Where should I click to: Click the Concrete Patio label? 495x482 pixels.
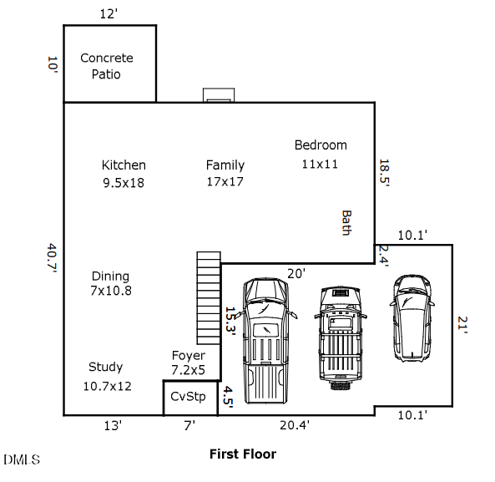pos(106,66)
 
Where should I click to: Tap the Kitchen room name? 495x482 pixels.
pos(124,165)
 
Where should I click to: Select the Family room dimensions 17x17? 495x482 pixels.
pos(225,181)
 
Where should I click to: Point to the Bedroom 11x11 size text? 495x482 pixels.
pos(320,165)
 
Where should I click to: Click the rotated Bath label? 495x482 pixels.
pos(346,223)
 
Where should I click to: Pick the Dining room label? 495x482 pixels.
pos(110,277)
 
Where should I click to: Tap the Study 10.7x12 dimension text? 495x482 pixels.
pos(107,386)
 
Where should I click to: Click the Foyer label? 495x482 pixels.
pos(189,356)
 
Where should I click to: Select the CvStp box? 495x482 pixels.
pos(190,398)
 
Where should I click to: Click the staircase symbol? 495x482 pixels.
pos(209,298)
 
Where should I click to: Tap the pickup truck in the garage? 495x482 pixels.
pos(266,341)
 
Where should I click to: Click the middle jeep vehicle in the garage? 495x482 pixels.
pos(341,338)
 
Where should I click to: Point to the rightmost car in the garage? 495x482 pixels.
pos(412,318)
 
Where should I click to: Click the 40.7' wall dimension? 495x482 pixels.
pos(52,258)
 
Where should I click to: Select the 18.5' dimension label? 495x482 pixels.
pos(384,172)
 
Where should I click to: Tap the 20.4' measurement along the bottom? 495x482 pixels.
pos(295,425)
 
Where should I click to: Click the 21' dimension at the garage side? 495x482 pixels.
pos(462,325)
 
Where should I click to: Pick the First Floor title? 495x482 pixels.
pos(243,454)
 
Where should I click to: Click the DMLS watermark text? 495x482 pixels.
pos(22,459)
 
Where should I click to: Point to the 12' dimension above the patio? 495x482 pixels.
pos(109,14)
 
